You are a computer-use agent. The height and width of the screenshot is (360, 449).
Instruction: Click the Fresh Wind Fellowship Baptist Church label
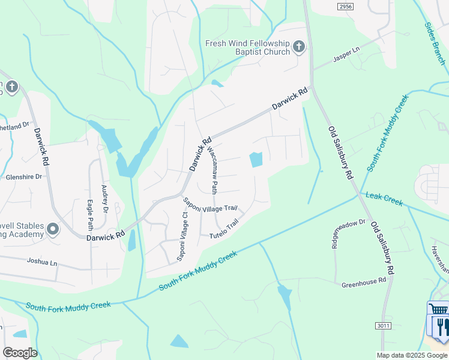tap(247, 47)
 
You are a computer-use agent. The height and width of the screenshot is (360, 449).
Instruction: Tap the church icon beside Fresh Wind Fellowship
tap(299, 47)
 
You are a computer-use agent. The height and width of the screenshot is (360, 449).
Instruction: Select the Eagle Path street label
tap(91, 214)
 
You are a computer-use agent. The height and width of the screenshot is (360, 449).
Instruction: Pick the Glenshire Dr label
tap(24, 177)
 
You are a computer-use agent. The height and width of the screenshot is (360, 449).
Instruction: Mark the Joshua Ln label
tap(41, 262)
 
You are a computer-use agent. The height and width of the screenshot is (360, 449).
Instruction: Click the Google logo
tap(20, 352)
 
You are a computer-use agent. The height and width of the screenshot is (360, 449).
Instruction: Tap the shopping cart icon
tap(439, 310)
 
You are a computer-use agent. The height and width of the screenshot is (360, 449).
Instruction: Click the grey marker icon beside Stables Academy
tap(53, 230)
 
